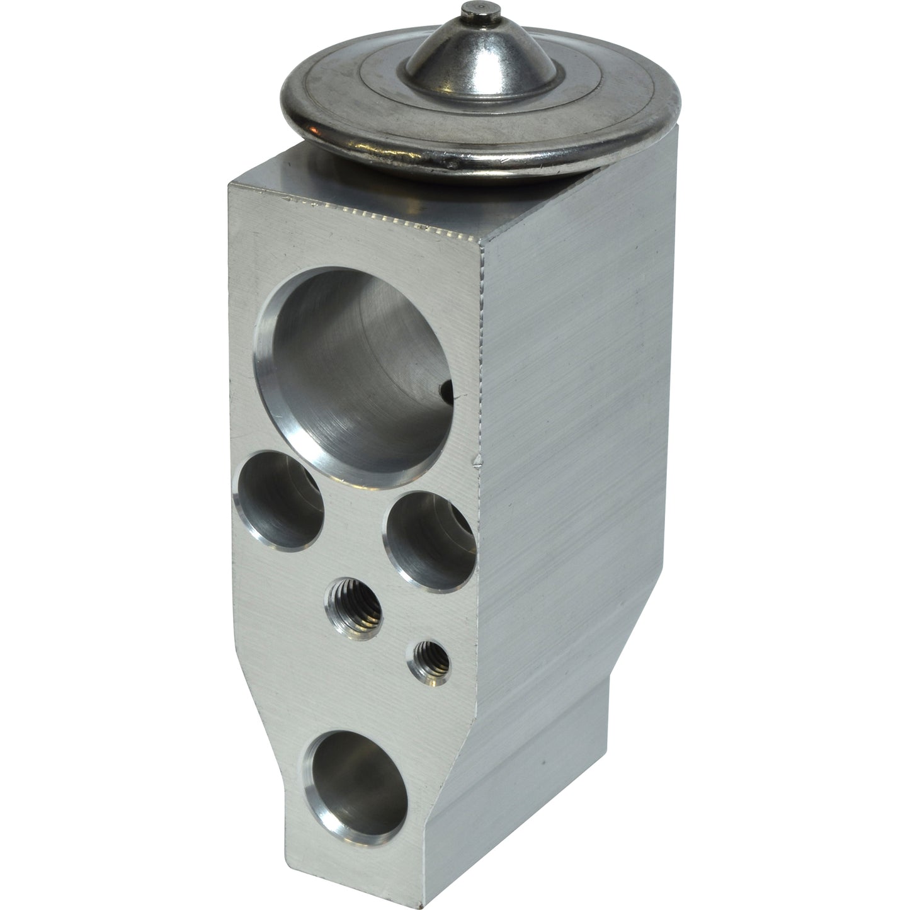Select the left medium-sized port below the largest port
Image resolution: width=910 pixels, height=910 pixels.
tap(278, 500)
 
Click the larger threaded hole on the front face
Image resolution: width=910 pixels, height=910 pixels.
tap(355, 607)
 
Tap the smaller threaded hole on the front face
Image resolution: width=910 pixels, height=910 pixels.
tap(431, 661)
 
